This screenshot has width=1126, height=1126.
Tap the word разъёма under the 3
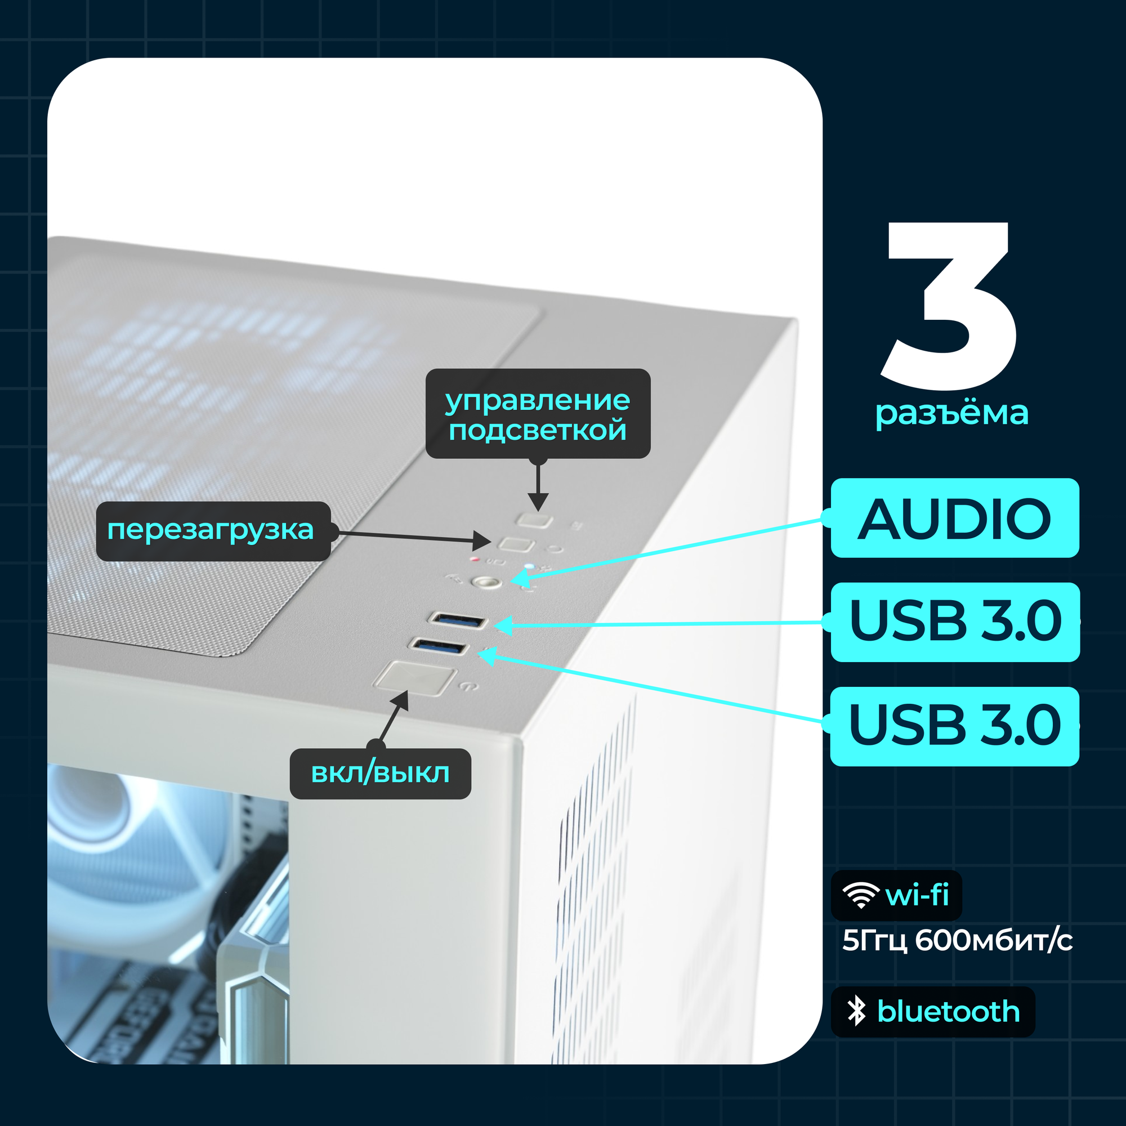click(951, 413)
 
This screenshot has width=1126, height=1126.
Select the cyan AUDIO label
click(955, 518)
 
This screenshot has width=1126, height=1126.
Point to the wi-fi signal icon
click(861, 895)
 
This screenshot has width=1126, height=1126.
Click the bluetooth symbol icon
click(856, 1011)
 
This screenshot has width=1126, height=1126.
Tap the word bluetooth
click(948, 1011)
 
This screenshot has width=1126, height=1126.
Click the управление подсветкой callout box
click(537, 414)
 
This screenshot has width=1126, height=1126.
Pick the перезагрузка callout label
click(213, 530)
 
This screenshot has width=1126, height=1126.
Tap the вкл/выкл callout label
click(380, 774)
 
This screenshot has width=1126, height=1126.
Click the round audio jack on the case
click(486, 582)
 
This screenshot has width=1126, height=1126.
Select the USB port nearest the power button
click(439, 646)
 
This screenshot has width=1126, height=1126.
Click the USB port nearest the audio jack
click(458, 620)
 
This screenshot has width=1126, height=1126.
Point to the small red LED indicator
click(475, 560)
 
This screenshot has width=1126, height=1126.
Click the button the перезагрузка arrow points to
click(516, 544)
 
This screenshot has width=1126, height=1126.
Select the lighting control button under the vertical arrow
click(536, 519)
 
